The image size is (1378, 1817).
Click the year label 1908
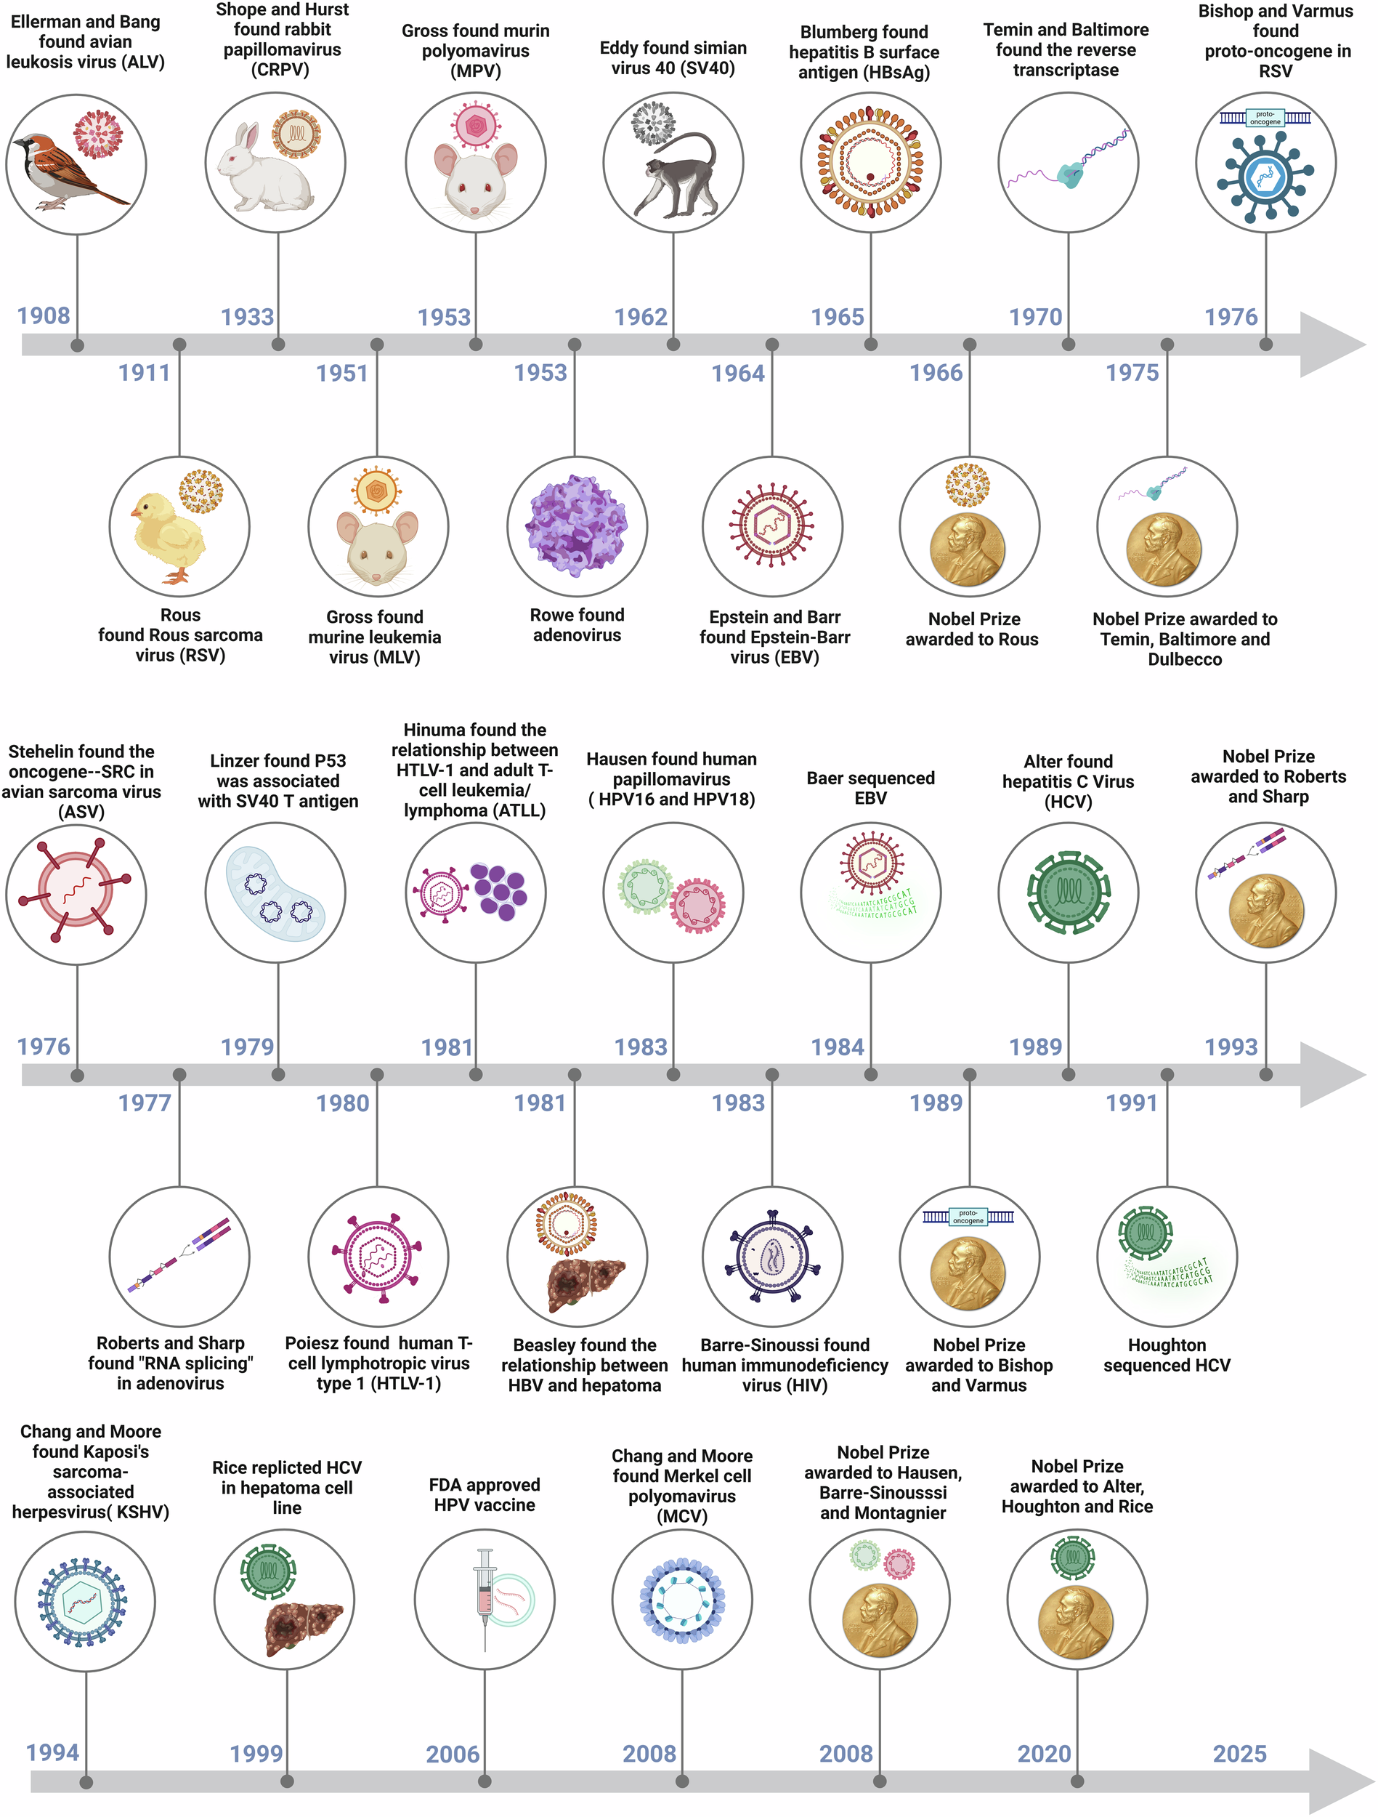pos(44,315)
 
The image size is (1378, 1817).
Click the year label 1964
pos(737,373)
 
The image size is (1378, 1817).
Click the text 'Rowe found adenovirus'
pos(577,625)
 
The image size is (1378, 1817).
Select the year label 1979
pos(247,1047)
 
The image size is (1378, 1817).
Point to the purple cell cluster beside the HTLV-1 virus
pos(499,890)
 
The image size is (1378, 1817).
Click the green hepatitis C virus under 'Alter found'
pos(1068,893)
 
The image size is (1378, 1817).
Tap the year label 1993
pos(1231,1047)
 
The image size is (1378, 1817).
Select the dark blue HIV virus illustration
pos(772,1256)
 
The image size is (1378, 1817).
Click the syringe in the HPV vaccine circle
pos(485,1598)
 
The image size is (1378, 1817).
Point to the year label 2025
pos(1239,1754)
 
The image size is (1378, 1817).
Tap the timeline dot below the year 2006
pos(485,1781)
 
